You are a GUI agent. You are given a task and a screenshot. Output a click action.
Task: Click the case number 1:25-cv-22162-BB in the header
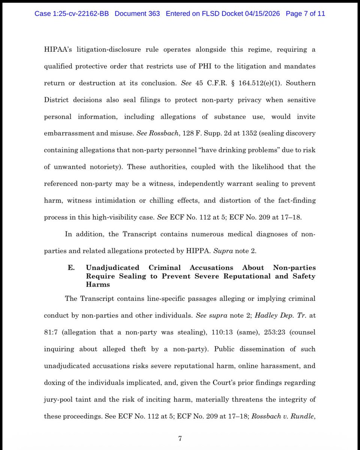coord(72,14)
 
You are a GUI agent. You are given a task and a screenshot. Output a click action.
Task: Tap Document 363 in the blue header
coord(137,14)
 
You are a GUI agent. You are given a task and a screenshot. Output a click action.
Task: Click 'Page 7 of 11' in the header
coord(305,14)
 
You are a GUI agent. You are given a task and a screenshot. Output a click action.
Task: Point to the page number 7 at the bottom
coord(180,438)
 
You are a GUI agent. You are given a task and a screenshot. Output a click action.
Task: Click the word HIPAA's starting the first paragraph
coord(57,50)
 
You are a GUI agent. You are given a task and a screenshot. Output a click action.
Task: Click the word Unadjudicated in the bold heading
coord(112,268)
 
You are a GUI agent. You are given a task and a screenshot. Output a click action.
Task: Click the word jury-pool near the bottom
coord(60,399)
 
